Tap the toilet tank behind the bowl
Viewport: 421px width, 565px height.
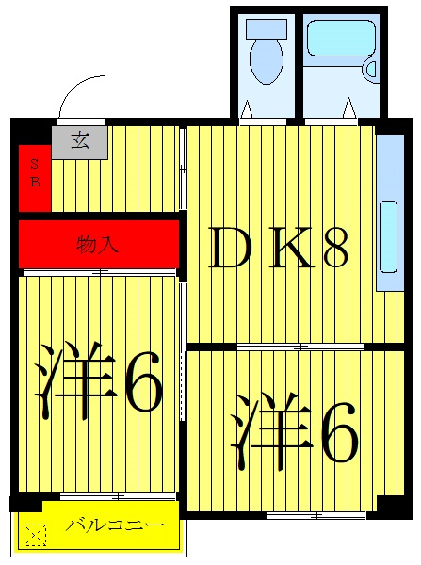click(265, 27)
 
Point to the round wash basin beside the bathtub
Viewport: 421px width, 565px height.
click(370, 69)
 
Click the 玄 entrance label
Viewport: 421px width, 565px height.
click(80, 142)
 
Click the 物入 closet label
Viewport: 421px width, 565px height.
click(97, 245)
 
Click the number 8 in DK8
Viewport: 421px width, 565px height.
click(335, 249)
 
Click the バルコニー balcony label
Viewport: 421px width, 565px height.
click(114, 525)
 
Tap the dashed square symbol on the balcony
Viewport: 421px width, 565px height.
click(33, 535)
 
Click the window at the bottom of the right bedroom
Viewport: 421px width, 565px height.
click(316, 515)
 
